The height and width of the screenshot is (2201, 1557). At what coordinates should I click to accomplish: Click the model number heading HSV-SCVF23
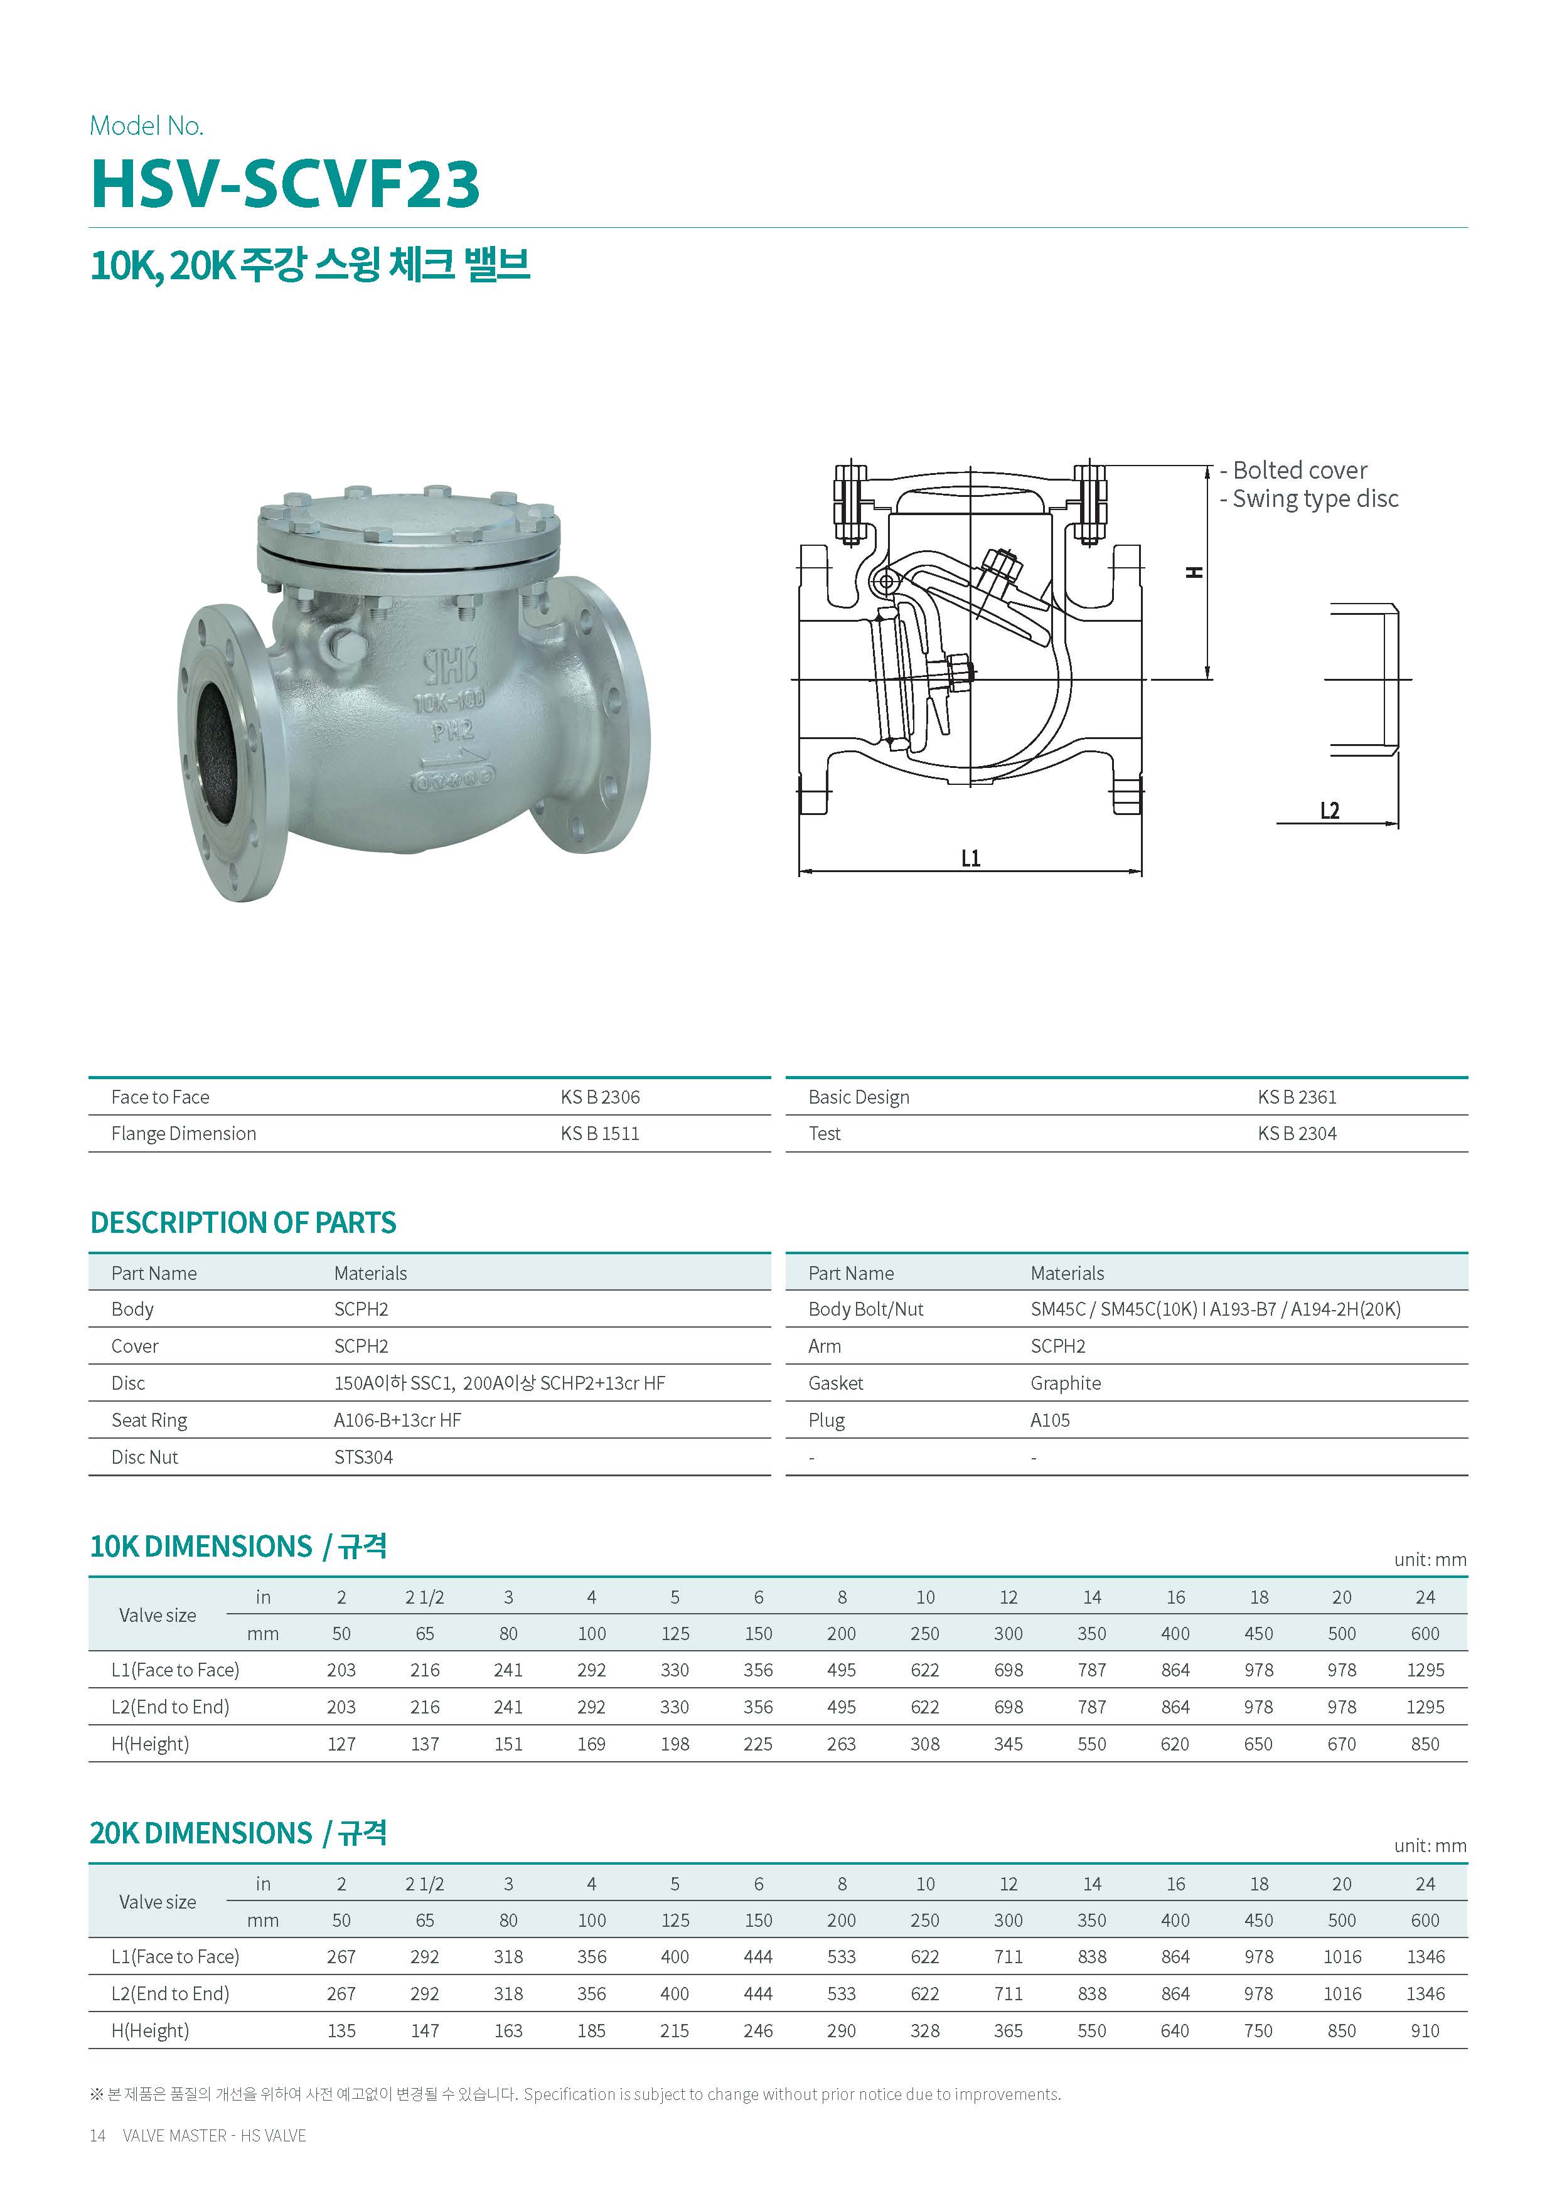(285, 183)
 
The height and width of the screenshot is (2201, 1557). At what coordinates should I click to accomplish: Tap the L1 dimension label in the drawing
(970, 858)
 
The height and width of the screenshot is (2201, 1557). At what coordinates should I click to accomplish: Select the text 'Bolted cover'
(1299, 471)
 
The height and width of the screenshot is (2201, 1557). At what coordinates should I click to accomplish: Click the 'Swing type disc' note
(1314, 499)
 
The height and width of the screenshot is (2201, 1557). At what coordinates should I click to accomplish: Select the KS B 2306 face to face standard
(600, 1097)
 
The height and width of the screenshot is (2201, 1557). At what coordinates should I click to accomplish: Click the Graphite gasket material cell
(1065, 1382)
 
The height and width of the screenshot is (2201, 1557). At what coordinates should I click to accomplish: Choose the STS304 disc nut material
(363, 1457)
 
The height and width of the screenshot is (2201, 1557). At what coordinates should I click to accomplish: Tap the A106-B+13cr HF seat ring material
(397, 1420)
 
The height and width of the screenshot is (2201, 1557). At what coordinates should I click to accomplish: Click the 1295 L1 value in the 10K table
(1425, 1670)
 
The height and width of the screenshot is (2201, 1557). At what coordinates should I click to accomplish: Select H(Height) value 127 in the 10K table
(341, 1744)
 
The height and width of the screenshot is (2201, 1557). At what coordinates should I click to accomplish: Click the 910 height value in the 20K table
(1425, 2030)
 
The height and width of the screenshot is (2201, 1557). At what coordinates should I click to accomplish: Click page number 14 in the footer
(97, 2135)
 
